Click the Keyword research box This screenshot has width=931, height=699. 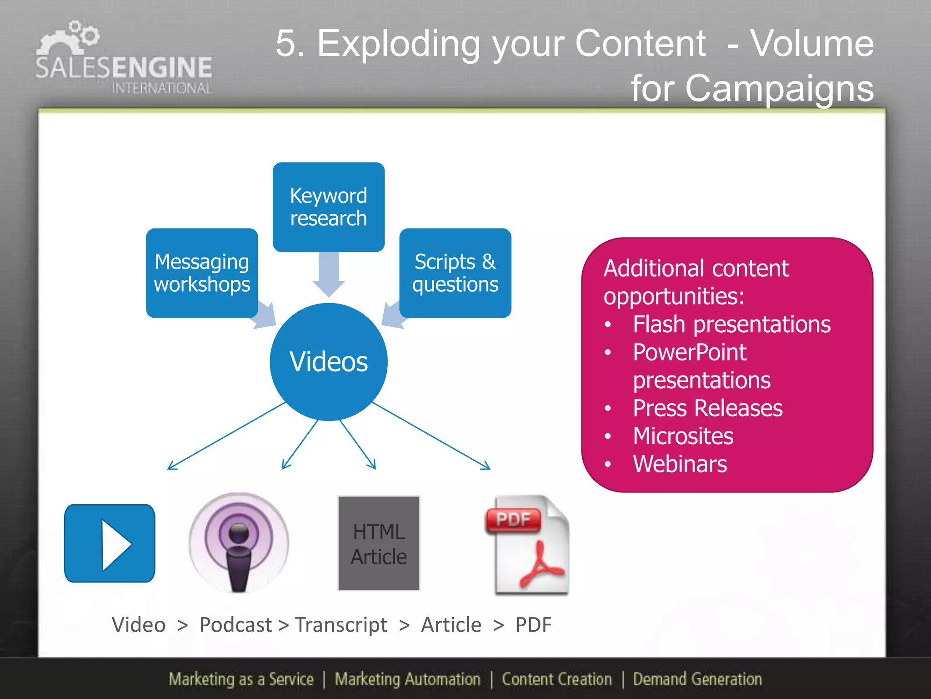(x=328, y=207)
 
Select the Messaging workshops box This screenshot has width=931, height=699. (x=202, y=273)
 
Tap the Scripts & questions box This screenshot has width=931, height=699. (x=455, y=273)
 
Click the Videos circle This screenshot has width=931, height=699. (x=329, y=362)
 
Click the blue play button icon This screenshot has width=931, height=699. (x=110, y=543)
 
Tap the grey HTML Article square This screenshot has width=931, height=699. (x=379, y=543)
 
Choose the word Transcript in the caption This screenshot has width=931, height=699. (x=341, y=625)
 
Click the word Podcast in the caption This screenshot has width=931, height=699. (x=235, y=625)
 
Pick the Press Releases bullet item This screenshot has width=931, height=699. (x=707, y=408)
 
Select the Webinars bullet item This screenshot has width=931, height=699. (x=680, y=464)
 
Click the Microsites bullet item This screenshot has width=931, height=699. (x=683, y=436)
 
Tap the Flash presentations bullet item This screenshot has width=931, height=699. (x=731, y=324)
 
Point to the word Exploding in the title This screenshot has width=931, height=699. (x=398, y=44)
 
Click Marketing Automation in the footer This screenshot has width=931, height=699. (x=407, y=679)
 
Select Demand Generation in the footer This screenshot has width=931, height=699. (x=697, y=679)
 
